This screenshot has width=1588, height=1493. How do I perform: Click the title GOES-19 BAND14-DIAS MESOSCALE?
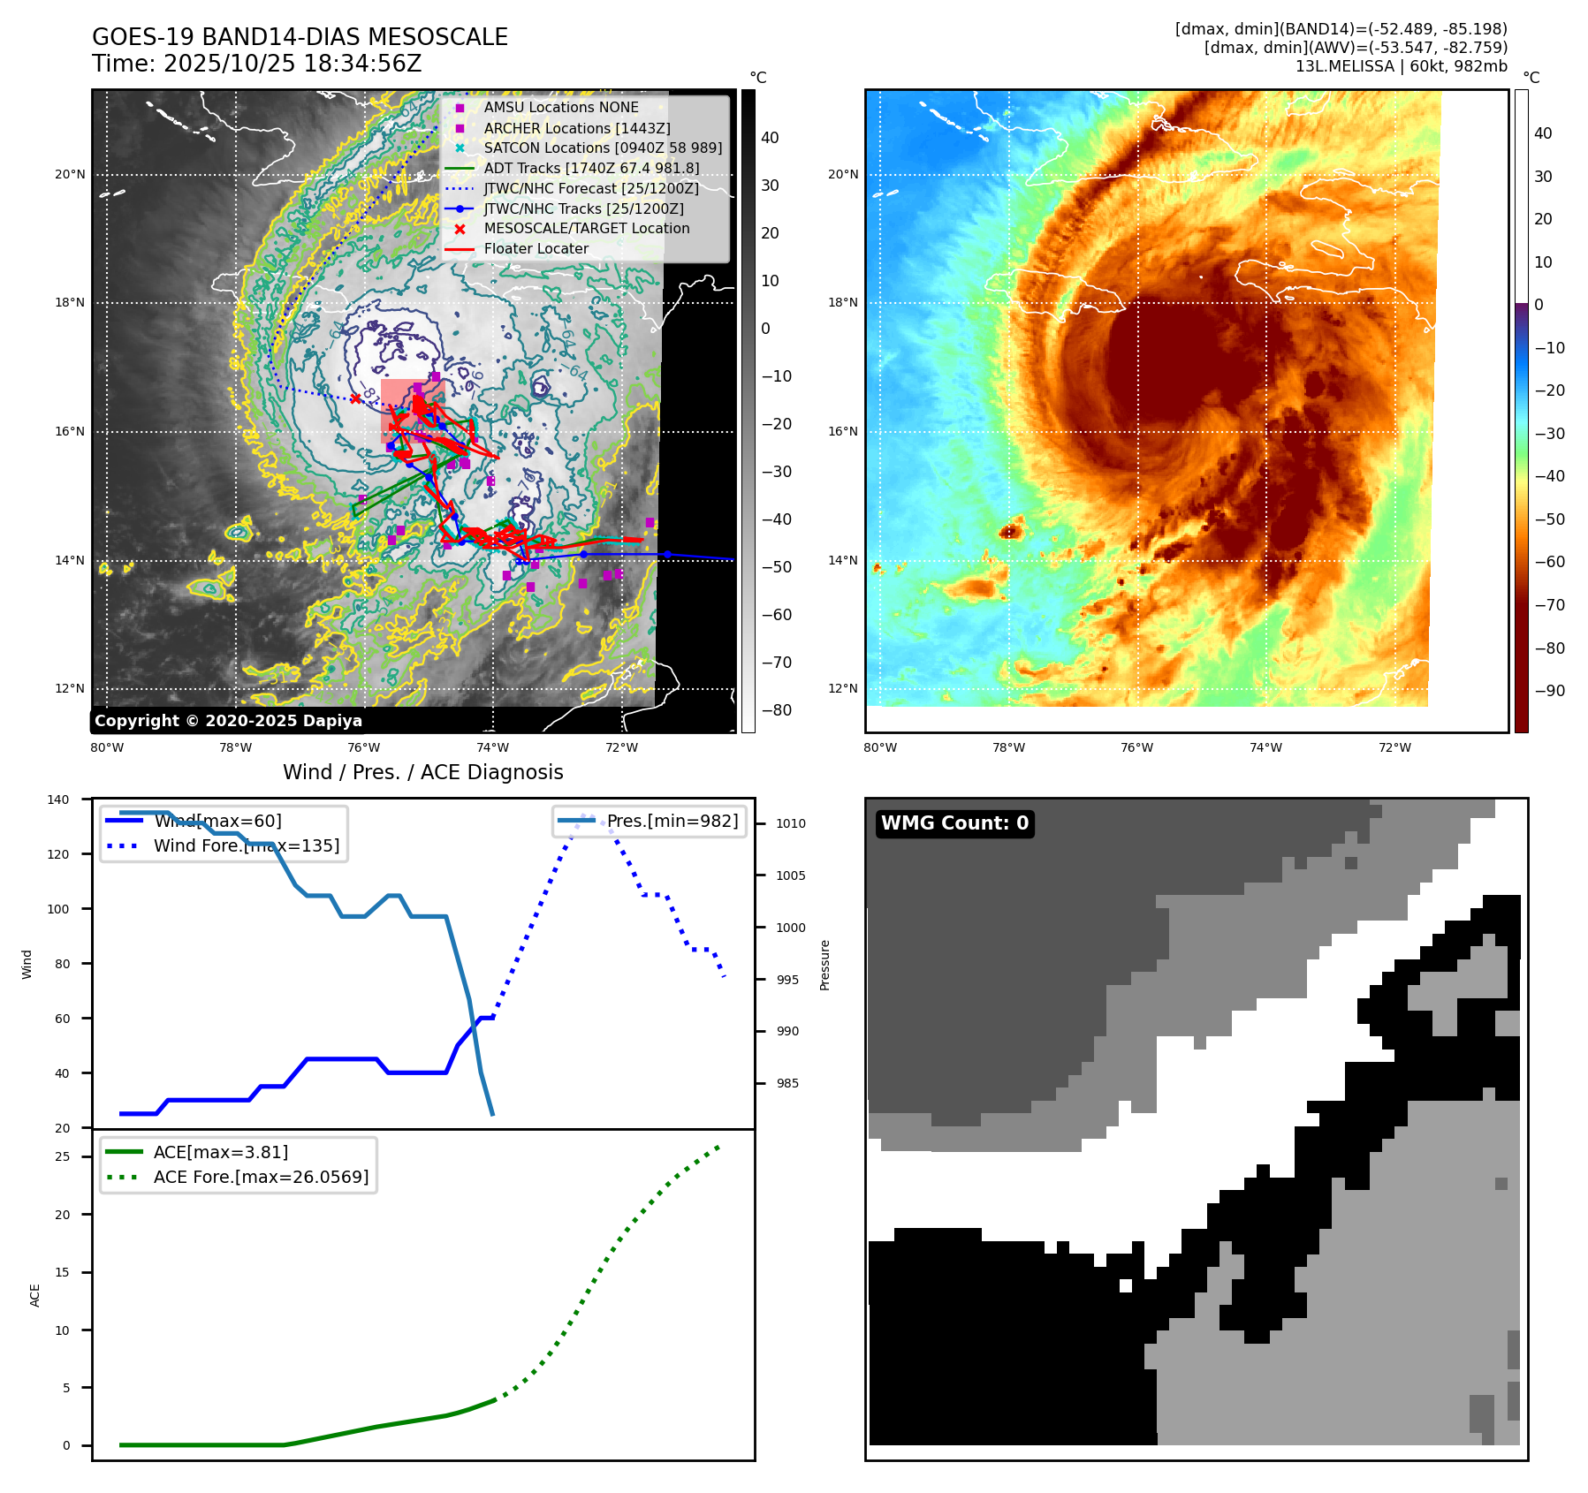pyautogui.click(x=300, y=37)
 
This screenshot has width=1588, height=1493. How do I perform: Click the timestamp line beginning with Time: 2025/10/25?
pyautogui.click(x=256, y=64)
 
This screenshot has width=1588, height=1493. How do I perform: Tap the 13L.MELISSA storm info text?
pyautogui.click(x=1401, y=66)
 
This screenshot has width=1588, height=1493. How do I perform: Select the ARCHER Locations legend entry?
pyautogui.click(x=576, y=128)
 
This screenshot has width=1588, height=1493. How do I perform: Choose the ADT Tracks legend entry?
pyautogui.click(x=590, y=168)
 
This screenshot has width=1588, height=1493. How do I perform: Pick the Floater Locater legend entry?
pyautogui.click(x=536, y=249)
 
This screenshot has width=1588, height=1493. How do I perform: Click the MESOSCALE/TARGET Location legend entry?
pyautogui.click(x=586, y=229)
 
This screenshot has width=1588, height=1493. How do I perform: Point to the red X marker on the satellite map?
pyautogui.click(x=355, y=398)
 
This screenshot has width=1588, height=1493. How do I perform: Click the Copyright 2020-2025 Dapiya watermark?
pyautogui.click(x=228, y=721)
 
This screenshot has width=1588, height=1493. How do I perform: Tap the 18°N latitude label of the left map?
pyautogui.click(x=70, y=303)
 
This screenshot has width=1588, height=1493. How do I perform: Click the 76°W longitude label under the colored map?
pyautogui.click(x=1136, y=748)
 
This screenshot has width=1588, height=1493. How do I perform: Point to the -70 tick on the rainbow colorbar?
pyautogui.click(x=1549, y=605)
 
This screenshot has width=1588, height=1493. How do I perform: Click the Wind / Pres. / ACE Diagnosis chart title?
pyautogui.click(x=422, y=772)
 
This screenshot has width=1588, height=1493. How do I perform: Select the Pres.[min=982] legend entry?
pyautogui.click(x=672, y=821)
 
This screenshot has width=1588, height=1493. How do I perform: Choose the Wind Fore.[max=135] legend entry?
pyautogui.click(x=246, y=845)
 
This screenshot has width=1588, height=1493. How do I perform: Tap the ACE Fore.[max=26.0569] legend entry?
pyautogui.click(x=261, y=1177)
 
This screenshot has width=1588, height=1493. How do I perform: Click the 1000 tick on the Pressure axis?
pyautogui.click(x=791, y=928)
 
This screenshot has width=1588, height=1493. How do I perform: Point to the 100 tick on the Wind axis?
pyautogui.click(x=58, y=909)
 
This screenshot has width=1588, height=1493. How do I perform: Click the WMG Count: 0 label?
pyautogui.click(x=954, y=823)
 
